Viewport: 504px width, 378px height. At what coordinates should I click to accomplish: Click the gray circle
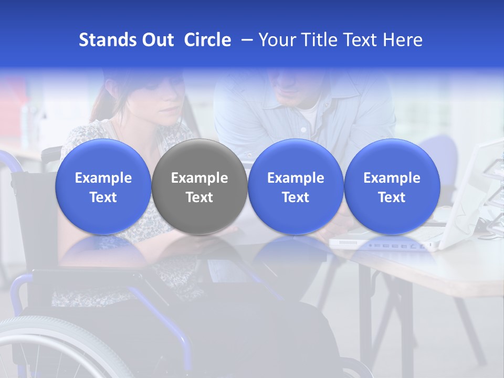click(199, 187)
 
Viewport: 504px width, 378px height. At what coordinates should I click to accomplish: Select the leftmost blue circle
click(103, 187)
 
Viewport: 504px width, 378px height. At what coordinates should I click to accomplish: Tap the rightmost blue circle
click(392, 187)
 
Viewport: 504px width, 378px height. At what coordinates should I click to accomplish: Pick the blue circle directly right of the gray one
click(296, 187)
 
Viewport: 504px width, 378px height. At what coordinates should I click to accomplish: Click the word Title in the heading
click(318, 40)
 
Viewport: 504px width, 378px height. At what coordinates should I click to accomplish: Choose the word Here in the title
click(403, 40)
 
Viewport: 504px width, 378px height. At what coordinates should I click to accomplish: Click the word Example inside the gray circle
click(199, 178)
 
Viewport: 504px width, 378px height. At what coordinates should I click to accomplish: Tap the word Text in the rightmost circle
click(392, 197)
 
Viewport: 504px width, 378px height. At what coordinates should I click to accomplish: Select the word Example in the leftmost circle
click(103, 178)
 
